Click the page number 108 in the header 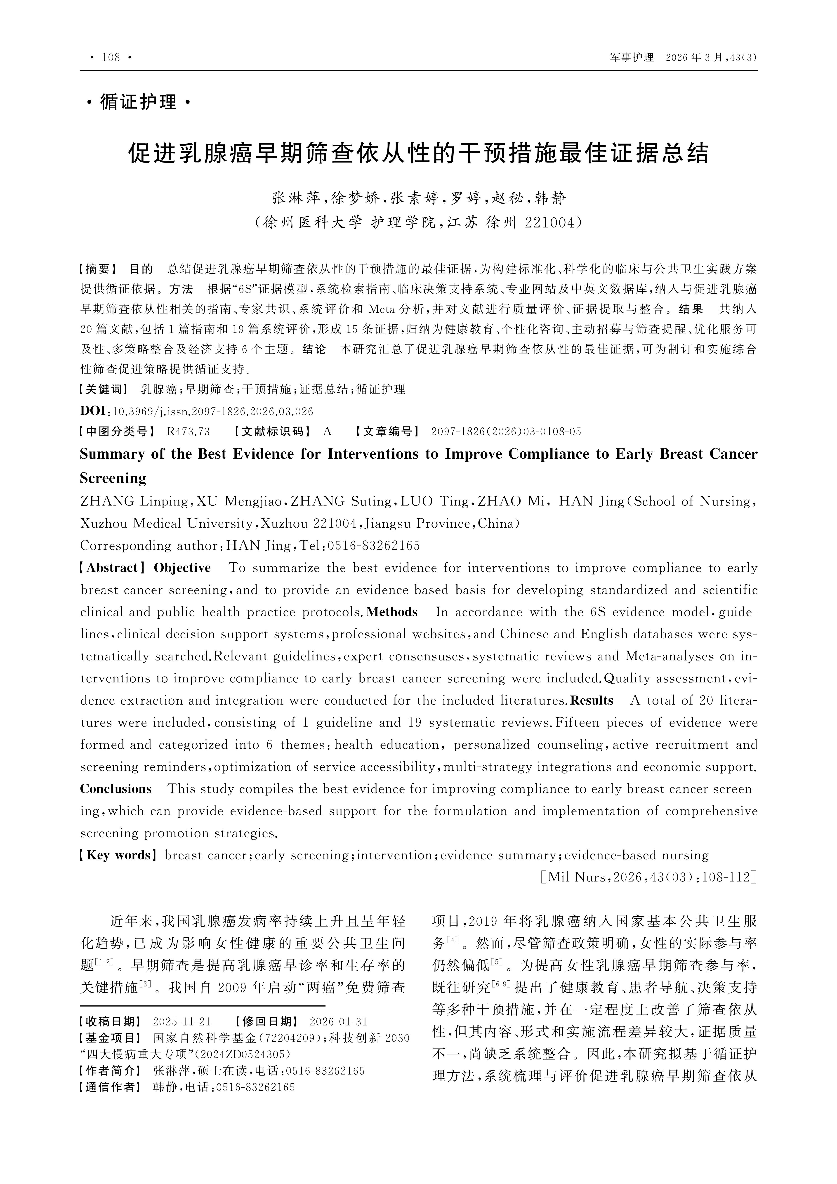coord(111,57)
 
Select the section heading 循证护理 coord(138,102)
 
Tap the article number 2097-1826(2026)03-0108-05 coord(506,432)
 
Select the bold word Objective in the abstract coord(182,568)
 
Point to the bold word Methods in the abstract coord(392,612)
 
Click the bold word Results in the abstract coord(592,700)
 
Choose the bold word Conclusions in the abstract coord(116,789)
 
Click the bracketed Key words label coord(118,856)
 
